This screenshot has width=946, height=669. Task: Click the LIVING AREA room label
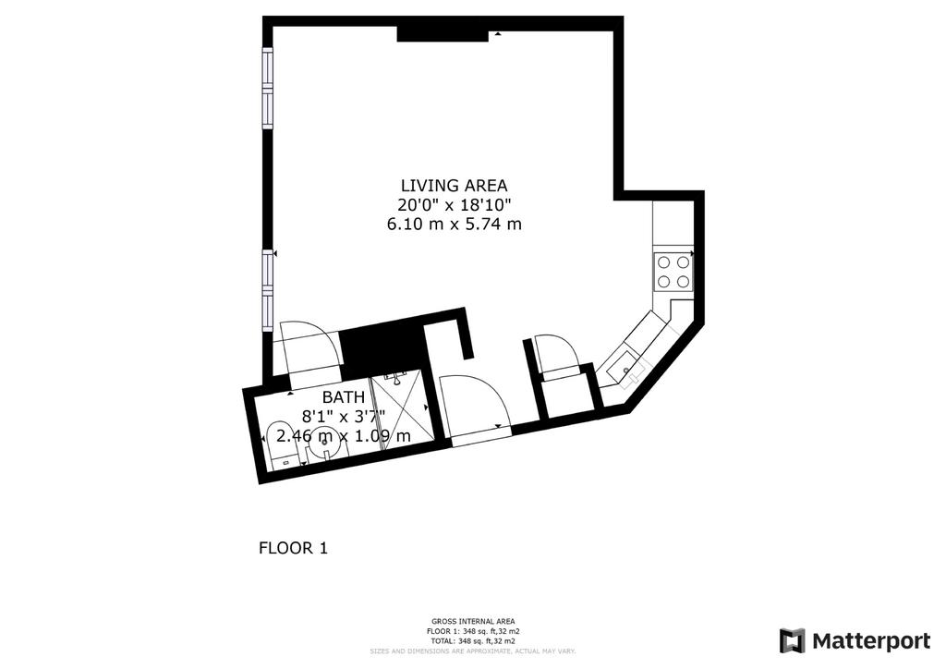click(454, 185)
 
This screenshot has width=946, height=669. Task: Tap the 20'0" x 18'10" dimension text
click(454, 204)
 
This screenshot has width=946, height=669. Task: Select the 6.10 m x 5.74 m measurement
click(454, 224)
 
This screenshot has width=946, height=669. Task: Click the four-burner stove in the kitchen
click(673, 271)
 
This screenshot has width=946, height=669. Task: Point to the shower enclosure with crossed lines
click(401, 407)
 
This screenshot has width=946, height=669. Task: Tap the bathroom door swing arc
click(309, 347)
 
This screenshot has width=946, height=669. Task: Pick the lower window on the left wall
click(267, 286)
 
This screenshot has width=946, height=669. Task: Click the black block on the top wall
click(442, 33)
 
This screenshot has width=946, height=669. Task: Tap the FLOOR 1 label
click(293, 548)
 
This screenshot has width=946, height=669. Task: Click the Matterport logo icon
click(792, 640)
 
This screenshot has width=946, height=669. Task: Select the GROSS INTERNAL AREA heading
click(473, 621)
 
